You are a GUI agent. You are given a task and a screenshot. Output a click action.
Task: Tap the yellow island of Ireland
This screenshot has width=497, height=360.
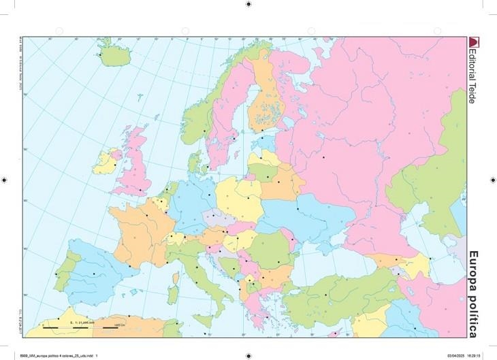(107, 163)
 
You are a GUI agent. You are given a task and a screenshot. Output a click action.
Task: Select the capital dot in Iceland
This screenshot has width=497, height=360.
(101, 55)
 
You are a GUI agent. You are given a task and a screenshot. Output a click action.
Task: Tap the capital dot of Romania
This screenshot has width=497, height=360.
(279, 262)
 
